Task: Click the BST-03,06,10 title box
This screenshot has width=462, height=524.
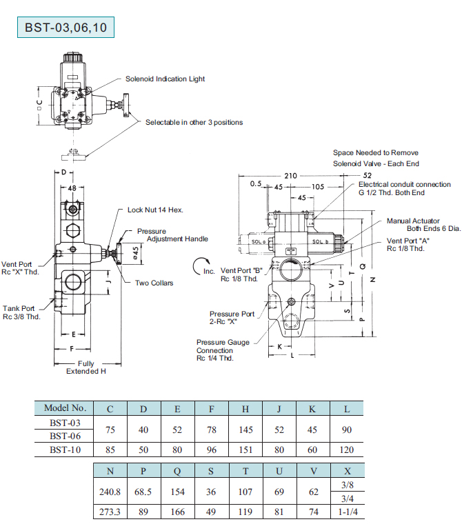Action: pyautogui.click(x=66, y=28)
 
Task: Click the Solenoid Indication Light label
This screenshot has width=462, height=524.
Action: pyautogui.click(x=165, y=79)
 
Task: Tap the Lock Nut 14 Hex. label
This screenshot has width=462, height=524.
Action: pyautogui.click(x=155, y=210)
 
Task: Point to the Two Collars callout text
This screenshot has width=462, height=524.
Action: pyautogui.click(x=154, y=283)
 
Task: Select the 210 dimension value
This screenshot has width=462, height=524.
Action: pyautogui.click(x=290, y=176)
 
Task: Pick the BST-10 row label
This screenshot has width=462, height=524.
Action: pyautogui.click(x=65, y=450)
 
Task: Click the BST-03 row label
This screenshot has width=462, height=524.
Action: pyautogui.click(x=65, y=422)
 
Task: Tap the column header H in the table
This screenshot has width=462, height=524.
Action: pyautogui.click(x=245, y=409)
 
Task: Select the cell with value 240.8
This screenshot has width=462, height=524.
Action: pyautogui.click(x=110, y=493)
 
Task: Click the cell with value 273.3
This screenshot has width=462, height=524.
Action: pyautogui.click(x=110, y=512)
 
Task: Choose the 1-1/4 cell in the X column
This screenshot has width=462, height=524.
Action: pyautogui.click(x=347, y=512)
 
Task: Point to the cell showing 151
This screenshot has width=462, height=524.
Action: pyautogui.click(x=245, y=450)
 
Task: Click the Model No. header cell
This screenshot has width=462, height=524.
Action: pyautogui.click(x=65, y=409)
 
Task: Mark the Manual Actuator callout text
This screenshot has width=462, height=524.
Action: pyautogui.click(x=413, y=225)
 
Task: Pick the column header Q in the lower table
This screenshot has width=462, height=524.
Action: pyautogui.click(x=178, y=472)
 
